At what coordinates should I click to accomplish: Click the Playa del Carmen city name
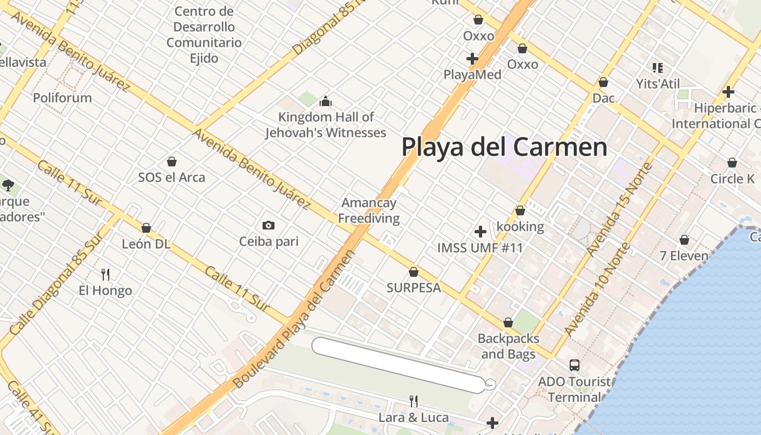click(x=504, y=147)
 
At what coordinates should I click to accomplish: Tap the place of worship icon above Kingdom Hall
click(x=326, y=101)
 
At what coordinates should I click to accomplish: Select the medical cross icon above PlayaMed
click(x=472, y=58)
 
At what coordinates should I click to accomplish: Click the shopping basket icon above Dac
click(x=603, y=83)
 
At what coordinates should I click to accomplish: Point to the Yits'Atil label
click(x=658, y=84)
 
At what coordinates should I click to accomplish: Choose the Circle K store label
click(x=732, y=179)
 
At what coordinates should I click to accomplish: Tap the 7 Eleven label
click(x=684, y=256)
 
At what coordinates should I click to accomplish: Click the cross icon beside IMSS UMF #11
click(x=480, y=232)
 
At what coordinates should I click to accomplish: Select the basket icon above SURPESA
click(x=414, y=272)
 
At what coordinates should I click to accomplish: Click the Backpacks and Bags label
click(x=508, y=346)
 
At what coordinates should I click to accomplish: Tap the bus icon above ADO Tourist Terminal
click(x=575, y=365)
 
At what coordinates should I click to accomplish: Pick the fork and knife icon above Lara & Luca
click(x=414, y=401)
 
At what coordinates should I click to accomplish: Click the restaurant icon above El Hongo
click(x=105, y=275)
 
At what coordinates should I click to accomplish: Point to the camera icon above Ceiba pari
click(x=268, y=225)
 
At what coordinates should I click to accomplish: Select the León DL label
click(x=146, y=244)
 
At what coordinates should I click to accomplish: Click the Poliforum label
click(x=63, y=98)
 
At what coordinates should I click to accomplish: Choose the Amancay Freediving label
click(x=369, y=211)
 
